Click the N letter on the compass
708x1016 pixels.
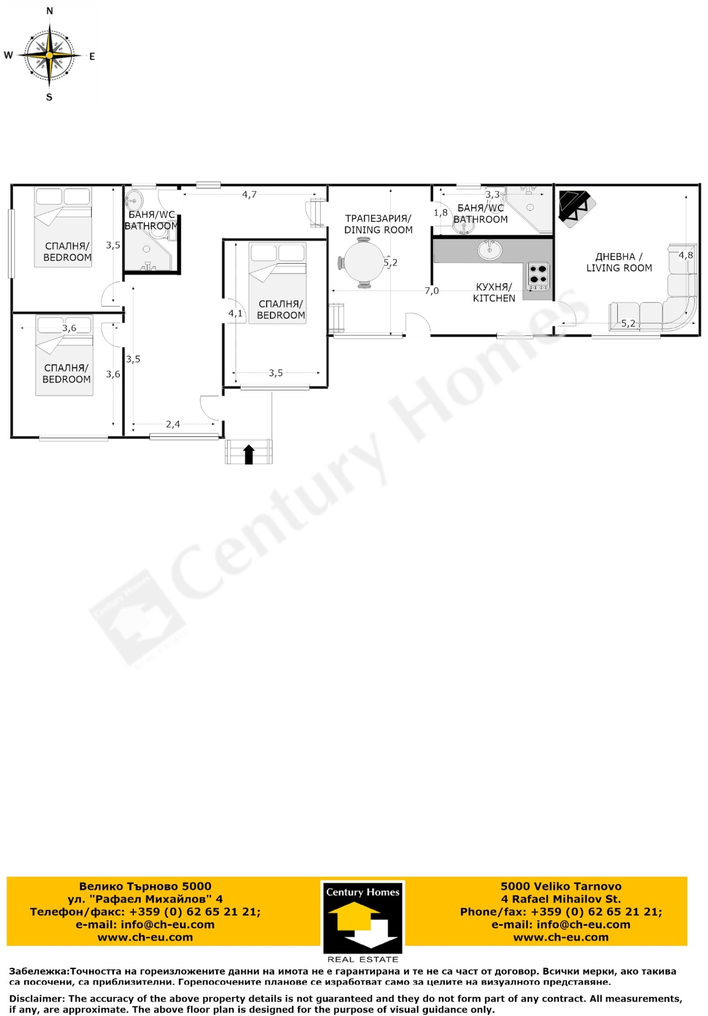(50, 11)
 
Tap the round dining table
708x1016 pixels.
(363, 263)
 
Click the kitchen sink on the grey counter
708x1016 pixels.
(489, 250)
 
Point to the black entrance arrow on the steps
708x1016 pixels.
(249, 454)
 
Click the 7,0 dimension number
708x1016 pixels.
(432, 291)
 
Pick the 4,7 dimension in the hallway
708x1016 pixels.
(249, 195)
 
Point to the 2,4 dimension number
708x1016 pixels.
(173, 424)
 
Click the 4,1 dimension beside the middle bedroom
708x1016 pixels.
(235, 314)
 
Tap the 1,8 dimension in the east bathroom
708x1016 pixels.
(441, 213)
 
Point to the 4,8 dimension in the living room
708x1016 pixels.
(685, 256)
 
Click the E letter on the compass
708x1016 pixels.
(92, 57)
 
